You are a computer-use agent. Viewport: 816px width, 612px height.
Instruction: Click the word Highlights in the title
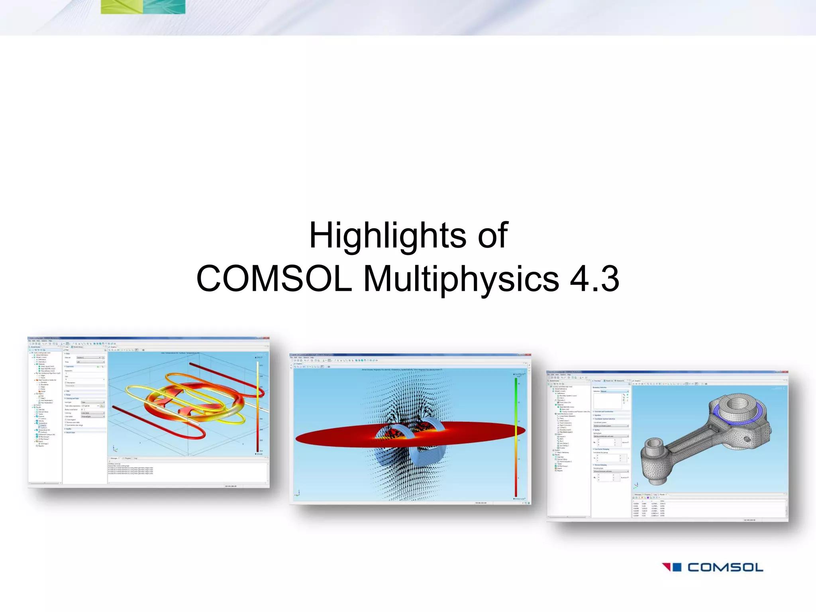coord(388,236)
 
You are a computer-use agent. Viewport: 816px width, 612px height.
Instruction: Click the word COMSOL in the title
coord(274,279)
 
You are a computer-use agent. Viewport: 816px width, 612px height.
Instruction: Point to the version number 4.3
coord(594,279)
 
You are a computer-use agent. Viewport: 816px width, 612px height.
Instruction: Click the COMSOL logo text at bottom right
coord(725,567)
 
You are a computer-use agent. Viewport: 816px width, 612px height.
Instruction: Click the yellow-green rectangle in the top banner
coord(122,6)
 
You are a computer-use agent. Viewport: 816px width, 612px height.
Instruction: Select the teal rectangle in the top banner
coord(164,6)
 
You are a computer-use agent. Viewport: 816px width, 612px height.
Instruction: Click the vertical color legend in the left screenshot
coord(258,406)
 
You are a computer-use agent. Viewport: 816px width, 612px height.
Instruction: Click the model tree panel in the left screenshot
coord(45,398)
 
